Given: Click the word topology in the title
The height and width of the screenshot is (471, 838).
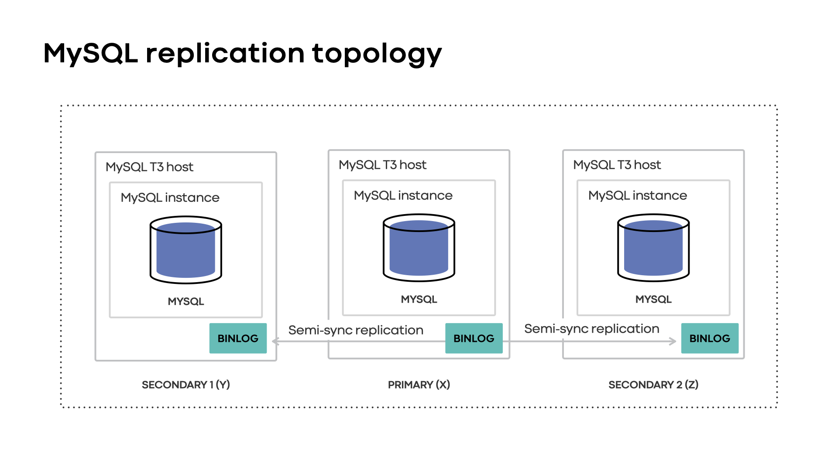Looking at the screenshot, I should tap(377, 54).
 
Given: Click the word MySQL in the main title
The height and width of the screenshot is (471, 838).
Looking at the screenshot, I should tap(91, 53).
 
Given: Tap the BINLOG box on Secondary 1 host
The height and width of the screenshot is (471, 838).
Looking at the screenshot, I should tap(238, 338).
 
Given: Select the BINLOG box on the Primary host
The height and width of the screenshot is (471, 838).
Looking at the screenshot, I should tap(474, 338).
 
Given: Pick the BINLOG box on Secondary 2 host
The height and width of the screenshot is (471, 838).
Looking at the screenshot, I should tap(710, 338).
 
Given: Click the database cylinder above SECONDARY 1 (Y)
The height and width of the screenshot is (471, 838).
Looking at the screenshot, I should tap(186, 250).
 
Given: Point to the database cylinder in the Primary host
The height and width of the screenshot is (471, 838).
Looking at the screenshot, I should tap(419, 248).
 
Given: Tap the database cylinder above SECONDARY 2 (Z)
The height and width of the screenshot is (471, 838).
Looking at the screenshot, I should tap(653, 248).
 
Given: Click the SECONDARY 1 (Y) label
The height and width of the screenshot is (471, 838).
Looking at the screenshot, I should tap(186, 385).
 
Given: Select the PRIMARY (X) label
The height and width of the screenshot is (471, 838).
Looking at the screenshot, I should tap(419, 385).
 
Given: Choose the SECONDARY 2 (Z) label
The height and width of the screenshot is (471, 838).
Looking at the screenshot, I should tap(653, 385).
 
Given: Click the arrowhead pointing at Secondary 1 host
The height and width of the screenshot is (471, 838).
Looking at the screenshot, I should tap(275, 341).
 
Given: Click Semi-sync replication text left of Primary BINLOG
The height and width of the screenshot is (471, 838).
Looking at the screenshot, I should tap(356, 330).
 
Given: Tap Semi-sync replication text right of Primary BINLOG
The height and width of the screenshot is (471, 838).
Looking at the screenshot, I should tap(591, 329).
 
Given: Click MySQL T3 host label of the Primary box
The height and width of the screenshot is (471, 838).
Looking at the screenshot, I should tap(382, 165).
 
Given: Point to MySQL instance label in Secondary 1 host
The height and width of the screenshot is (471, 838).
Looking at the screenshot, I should tap(170, 198).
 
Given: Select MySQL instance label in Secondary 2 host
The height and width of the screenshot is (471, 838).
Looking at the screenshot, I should tap(637, 195).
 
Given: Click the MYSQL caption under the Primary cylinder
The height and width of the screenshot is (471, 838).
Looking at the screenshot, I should tap(419, 299).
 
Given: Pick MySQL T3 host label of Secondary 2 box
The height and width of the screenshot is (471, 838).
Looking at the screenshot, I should tap(617, 165).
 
